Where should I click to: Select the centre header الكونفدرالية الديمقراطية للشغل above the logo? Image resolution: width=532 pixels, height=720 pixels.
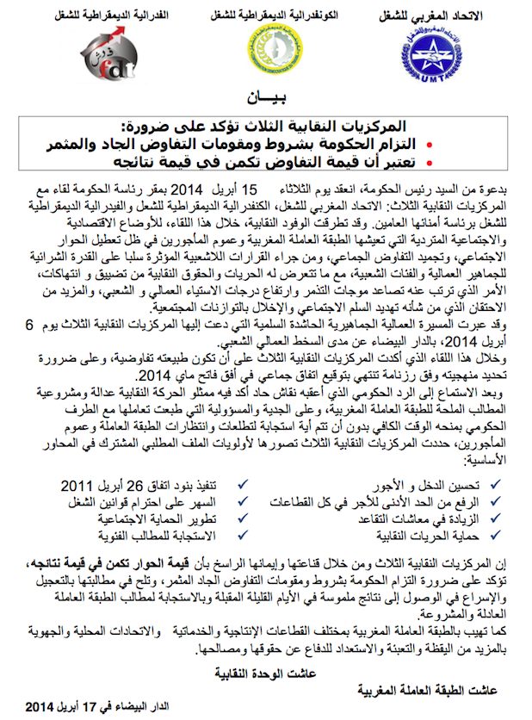click(x=263, y=16)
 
